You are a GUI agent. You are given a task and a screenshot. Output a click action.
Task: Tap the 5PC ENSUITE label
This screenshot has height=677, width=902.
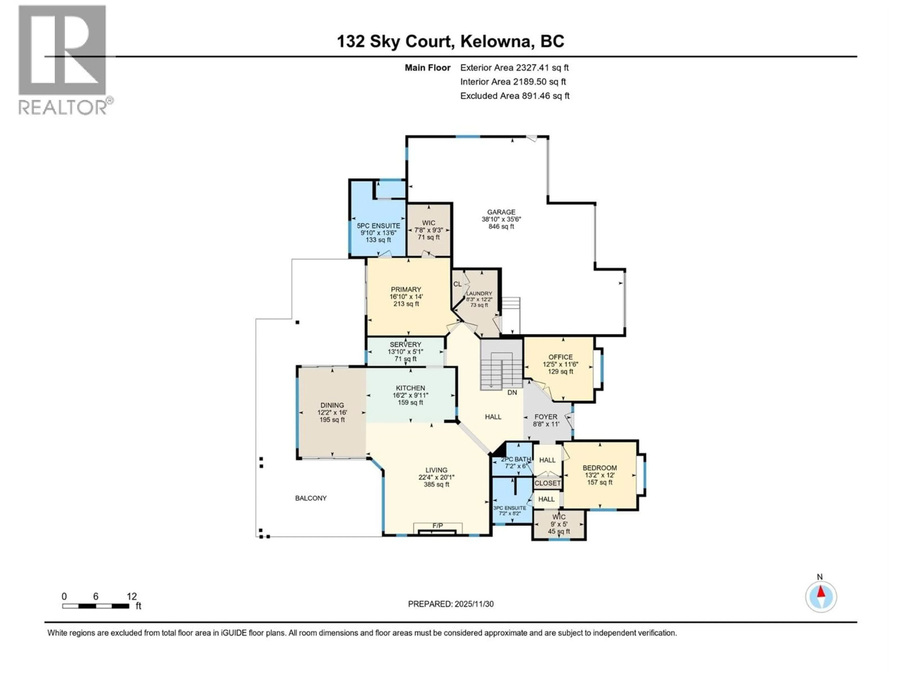(x=378, y=226)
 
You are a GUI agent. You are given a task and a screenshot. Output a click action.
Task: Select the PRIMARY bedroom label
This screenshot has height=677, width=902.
(x=406, y=289)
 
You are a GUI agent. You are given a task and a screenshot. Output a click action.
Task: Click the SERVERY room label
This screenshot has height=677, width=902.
(x=405, y=344)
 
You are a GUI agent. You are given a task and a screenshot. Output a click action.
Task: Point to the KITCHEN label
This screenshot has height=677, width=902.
(x=410, y=388)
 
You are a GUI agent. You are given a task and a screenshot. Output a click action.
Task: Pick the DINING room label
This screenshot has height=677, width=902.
(x=332, y=405)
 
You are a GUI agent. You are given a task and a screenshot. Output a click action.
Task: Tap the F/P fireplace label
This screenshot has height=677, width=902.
(x=438, y=526)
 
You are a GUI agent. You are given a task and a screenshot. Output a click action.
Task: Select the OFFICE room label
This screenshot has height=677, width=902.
(x=560, y=357)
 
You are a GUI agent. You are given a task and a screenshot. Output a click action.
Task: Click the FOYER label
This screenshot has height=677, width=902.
(x=546, y=417)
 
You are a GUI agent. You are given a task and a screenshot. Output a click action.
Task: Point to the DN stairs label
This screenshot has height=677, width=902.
(x=512, y=393)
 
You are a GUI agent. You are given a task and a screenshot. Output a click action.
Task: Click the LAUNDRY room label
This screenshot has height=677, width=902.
(x=479, y=293)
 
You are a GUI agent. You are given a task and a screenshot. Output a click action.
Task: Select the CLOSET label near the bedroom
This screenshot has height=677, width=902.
(x=548, y=483)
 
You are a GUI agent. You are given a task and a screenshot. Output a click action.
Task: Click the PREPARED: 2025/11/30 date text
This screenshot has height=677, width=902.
(x=451, y=604)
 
